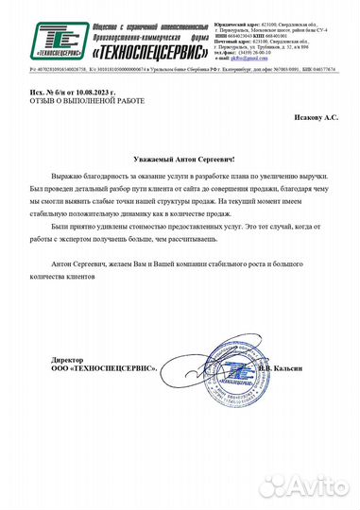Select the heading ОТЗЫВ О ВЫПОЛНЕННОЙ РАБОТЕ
coord(74,103)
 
